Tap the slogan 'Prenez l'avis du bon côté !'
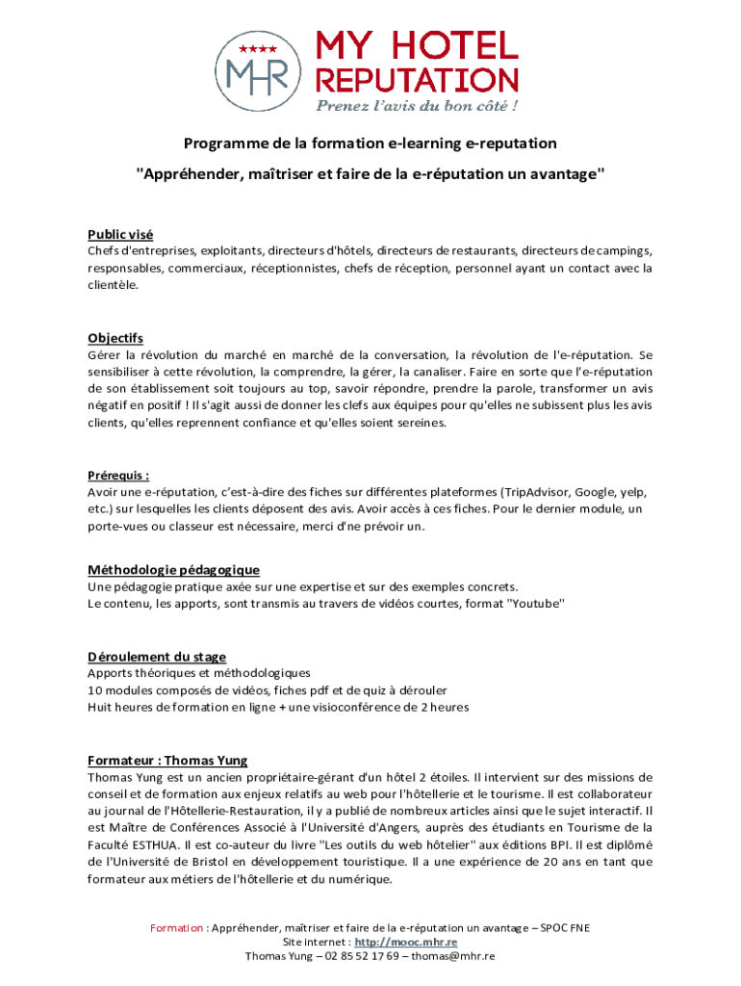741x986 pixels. tap(419, 105)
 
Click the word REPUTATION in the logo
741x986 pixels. tap(418, 80)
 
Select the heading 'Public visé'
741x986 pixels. tap(120, 235)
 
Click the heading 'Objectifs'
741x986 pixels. tap(115, 338)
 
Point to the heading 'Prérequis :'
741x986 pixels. tap(118, 475)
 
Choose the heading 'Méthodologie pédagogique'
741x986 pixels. tap(173, 570)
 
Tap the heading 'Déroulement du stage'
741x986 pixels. tap(157, 657)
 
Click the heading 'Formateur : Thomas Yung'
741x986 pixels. tap(167, 760)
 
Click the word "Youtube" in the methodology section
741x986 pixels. tap(536, 604)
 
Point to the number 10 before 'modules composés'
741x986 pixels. tap(95, 690)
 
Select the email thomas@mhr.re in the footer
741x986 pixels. tap(453, 956)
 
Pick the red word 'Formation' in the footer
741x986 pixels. tap(176, 928)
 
